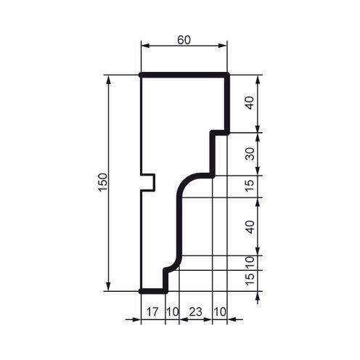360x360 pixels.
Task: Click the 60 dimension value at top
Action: point(184,40)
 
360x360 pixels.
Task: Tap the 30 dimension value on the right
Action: point(250,154)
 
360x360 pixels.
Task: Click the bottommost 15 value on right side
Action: point(250,279)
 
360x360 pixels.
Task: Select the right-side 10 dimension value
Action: point(250,261)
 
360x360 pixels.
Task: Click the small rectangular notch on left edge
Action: point(149,181)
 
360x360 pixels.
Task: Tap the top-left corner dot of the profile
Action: point(140,75)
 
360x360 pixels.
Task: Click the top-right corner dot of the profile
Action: point(228,75)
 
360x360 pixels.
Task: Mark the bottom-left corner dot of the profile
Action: point(140,291)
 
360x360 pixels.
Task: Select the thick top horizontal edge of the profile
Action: point(184,75)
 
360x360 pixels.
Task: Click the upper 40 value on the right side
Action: point(250,103)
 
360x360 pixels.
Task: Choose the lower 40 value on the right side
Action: point(250,226)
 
